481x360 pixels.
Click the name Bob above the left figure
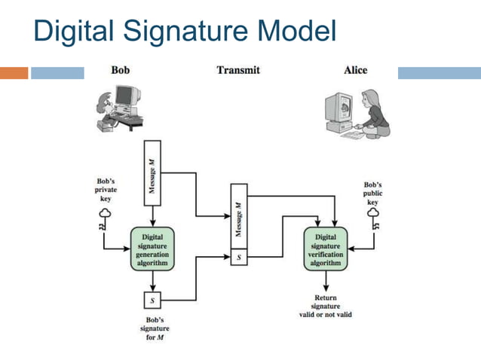(x=120, y=70)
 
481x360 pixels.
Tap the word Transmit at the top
(x=237, y=70)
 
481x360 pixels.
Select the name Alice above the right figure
(x=355, y=70)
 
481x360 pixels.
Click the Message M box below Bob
(x=152, y=172)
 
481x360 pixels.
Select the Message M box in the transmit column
(x=238, y=219)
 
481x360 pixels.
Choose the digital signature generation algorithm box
(x=153, y=249)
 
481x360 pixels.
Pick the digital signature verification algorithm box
(x=325, y=249)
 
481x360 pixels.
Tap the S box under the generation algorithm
(x=152, y=301)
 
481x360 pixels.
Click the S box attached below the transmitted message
(x=238, y=258)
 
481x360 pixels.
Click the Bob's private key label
(x=106, y=191)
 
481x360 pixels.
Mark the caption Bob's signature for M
(x=153, y=329)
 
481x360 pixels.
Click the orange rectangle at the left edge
(x=14, y=73)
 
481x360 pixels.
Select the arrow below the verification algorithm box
(x=325, y=282)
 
